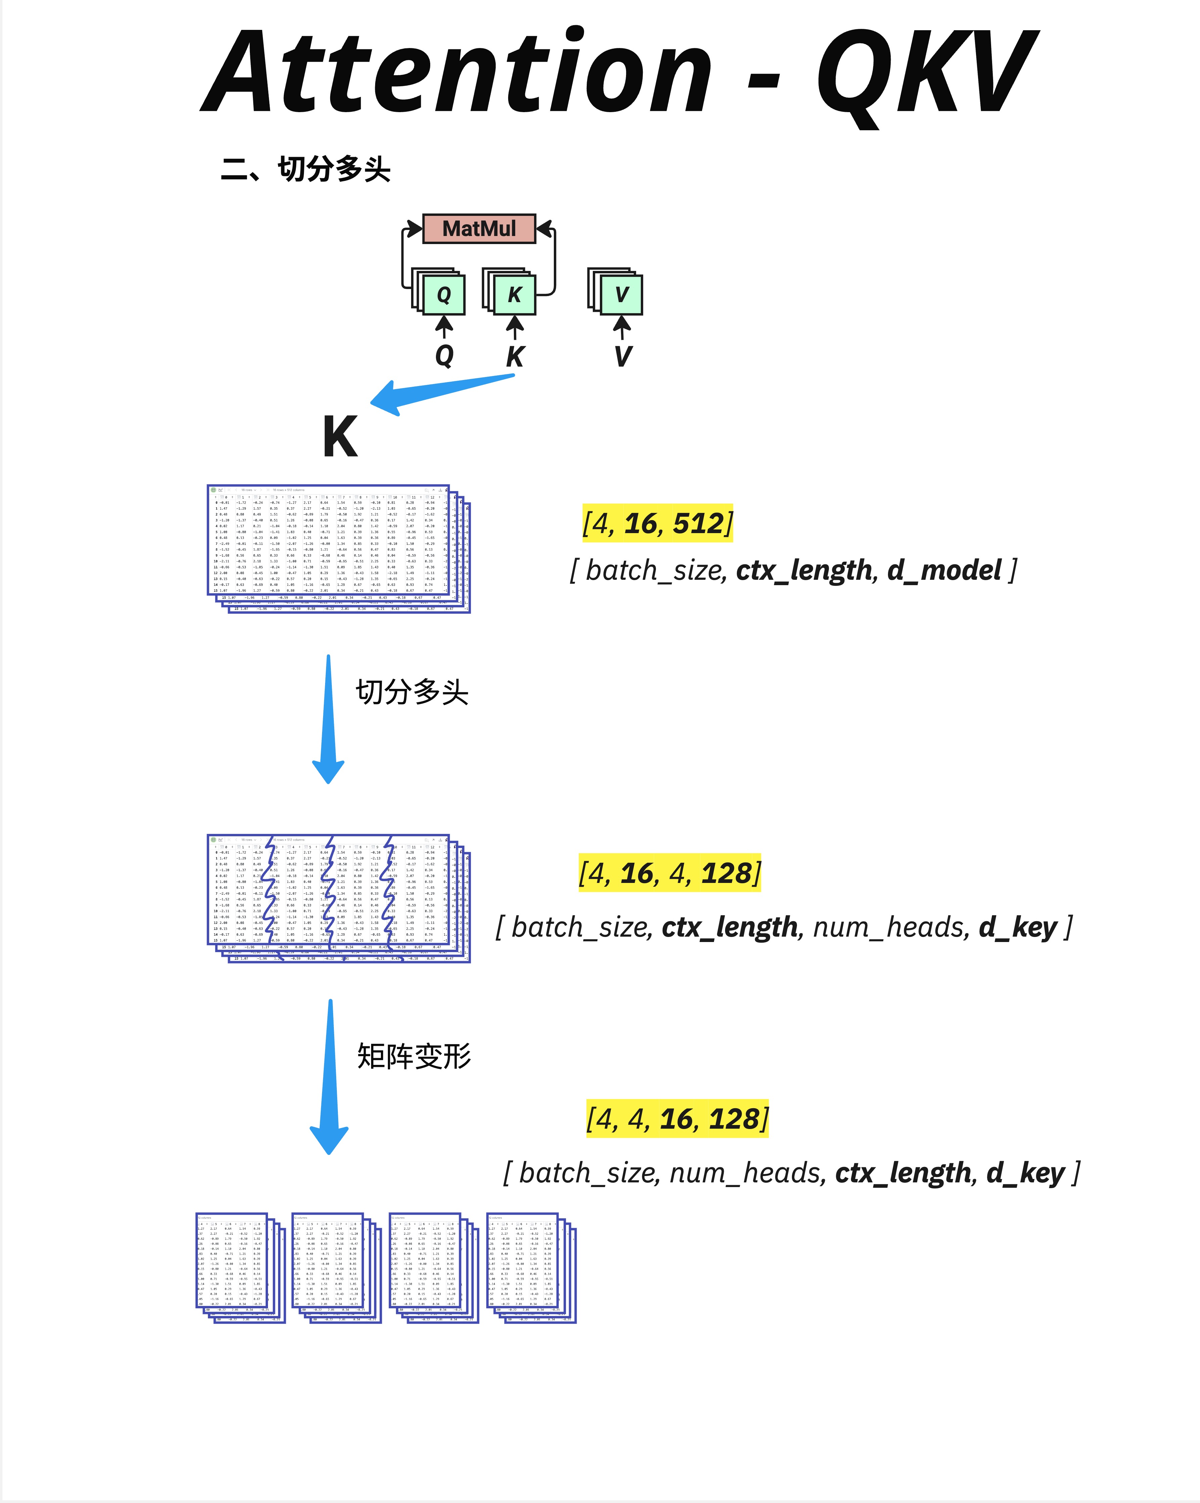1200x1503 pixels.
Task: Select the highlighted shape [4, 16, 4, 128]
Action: tap(669, 873)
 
